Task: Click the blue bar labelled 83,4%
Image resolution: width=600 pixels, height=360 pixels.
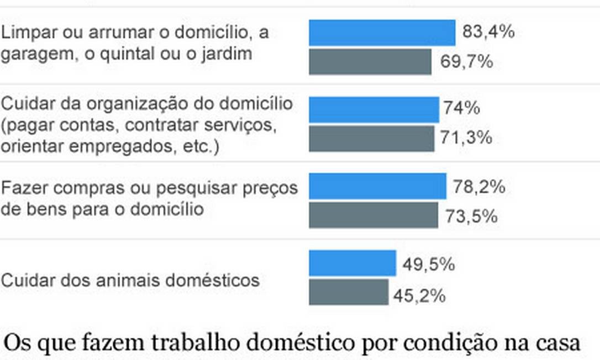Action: tap(382, 33)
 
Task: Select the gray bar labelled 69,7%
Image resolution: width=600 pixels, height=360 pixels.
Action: tap(370, 61)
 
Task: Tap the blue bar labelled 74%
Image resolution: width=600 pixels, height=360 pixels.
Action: tap(373, 109)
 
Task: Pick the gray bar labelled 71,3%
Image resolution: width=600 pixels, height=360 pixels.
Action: tap(371, 138)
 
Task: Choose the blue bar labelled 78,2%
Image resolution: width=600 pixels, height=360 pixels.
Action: tap(377, 186)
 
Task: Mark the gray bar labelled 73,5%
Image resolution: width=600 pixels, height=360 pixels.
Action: tap(373, 215)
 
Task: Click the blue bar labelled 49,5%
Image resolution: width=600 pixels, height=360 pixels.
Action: tap(352, 263)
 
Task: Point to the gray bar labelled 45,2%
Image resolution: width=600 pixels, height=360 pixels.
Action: tap(348, 292)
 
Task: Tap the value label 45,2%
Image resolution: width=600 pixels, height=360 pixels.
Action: tap(419, 297)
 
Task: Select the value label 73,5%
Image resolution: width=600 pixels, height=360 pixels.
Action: tap(471, 216)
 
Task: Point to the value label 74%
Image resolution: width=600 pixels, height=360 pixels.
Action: tap(461, 108)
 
